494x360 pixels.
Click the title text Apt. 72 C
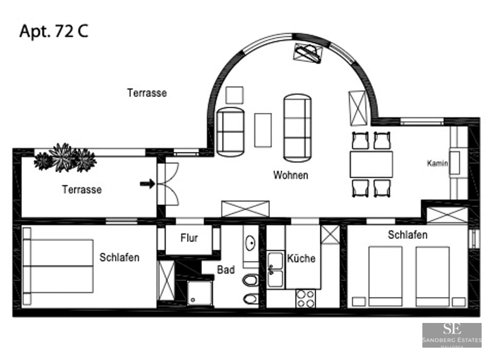54,31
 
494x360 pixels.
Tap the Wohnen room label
290,175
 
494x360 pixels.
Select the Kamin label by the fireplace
437,164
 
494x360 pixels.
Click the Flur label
189,238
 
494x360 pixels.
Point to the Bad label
226,270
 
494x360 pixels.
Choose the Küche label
301,258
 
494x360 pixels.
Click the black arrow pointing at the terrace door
147,183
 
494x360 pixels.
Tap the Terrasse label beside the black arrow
82,190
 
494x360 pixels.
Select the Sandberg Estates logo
451,335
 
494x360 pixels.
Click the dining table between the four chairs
371,164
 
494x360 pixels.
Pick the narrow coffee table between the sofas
263,130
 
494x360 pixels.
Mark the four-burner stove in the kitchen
305,298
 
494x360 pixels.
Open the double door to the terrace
167,183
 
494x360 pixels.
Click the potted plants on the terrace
65,158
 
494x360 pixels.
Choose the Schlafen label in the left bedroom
119,257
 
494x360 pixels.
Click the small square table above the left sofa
234,95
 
